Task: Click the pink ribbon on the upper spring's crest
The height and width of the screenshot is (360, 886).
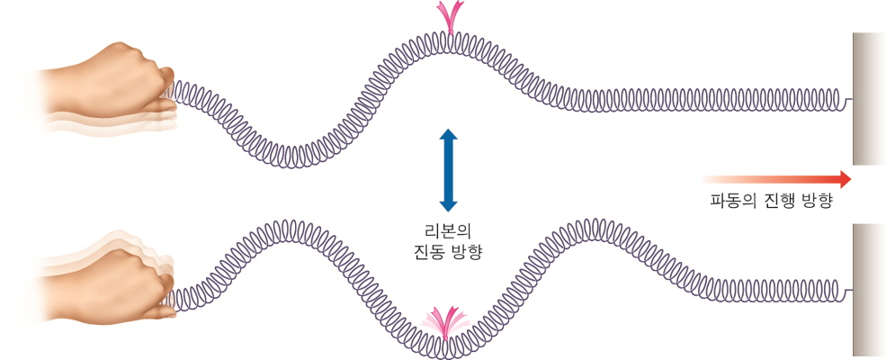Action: (x=447, y=17)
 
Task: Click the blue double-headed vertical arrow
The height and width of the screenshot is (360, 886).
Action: (x=448, y=170)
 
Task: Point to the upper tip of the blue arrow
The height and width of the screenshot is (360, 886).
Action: (x=448, y=130)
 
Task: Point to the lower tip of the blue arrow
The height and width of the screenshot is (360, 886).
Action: (x=448, y=211)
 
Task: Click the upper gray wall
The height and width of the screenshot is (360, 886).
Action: (x=869, y=99)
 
